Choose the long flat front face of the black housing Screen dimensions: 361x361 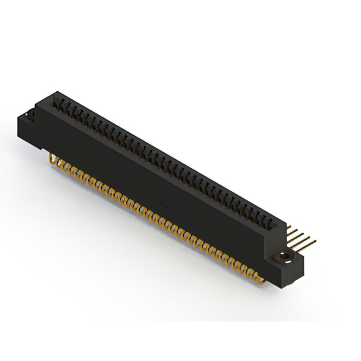click(158, 180)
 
